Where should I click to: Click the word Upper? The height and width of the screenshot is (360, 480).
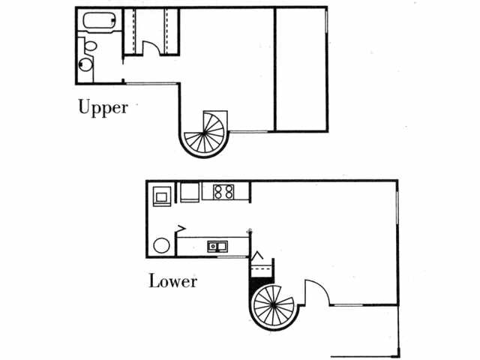(x=103, y=107)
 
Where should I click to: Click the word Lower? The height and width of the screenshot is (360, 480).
(x=172, y=282)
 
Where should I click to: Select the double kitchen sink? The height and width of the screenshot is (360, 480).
(x=218, y=246)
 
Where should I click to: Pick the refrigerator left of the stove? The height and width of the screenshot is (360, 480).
(x=188, y=193)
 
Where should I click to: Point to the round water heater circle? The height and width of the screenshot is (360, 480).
(x=161, y=245)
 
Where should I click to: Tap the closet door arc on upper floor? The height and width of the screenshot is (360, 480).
(x=151, y=46)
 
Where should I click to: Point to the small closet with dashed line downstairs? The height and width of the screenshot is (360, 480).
(x=262, y=268)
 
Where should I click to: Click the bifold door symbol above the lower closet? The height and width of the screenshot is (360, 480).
(x=257, y=256)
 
